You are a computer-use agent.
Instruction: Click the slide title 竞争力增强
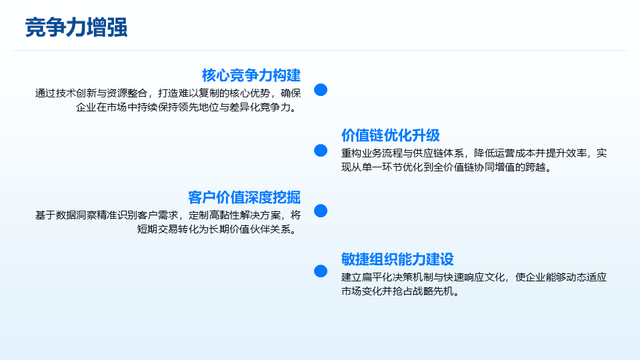point(76,27)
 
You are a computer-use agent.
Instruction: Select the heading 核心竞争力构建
point(251,75)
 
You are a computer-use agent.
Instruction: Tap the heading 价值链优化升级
point(391,135)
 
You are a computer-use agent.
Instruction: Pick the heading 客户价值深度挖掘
point(244,197)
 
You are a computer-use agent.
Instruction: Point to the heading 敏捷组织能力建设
point(397,259)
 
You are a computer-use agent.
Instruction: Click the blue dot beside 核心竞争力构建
point(321,90)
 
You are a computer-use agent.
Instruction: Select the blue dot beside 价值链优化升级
point(321,150)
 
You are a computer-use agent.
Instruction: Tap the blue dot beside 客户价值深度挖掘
point(321,211)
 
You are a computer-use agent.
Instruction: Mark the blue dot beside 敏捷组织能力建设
point(321,271)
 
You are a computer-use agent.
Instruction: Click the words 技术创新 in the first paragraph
point(76,93)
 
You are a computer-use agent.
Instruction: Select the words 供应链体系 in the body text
point(439,153)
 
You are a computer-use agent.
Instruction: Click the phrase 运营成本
point(505,153)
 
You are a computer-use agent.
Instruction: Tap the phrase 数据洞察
point(76,215)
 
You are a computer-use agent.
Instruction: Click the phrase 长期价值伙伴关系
point(250,229)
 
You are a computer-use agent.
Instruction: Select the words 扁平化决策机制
point(397,277)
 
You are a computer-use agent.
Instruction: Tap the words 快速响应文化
point(474,277)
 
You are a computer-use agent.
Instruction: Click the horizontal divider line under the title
point(320,50)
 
